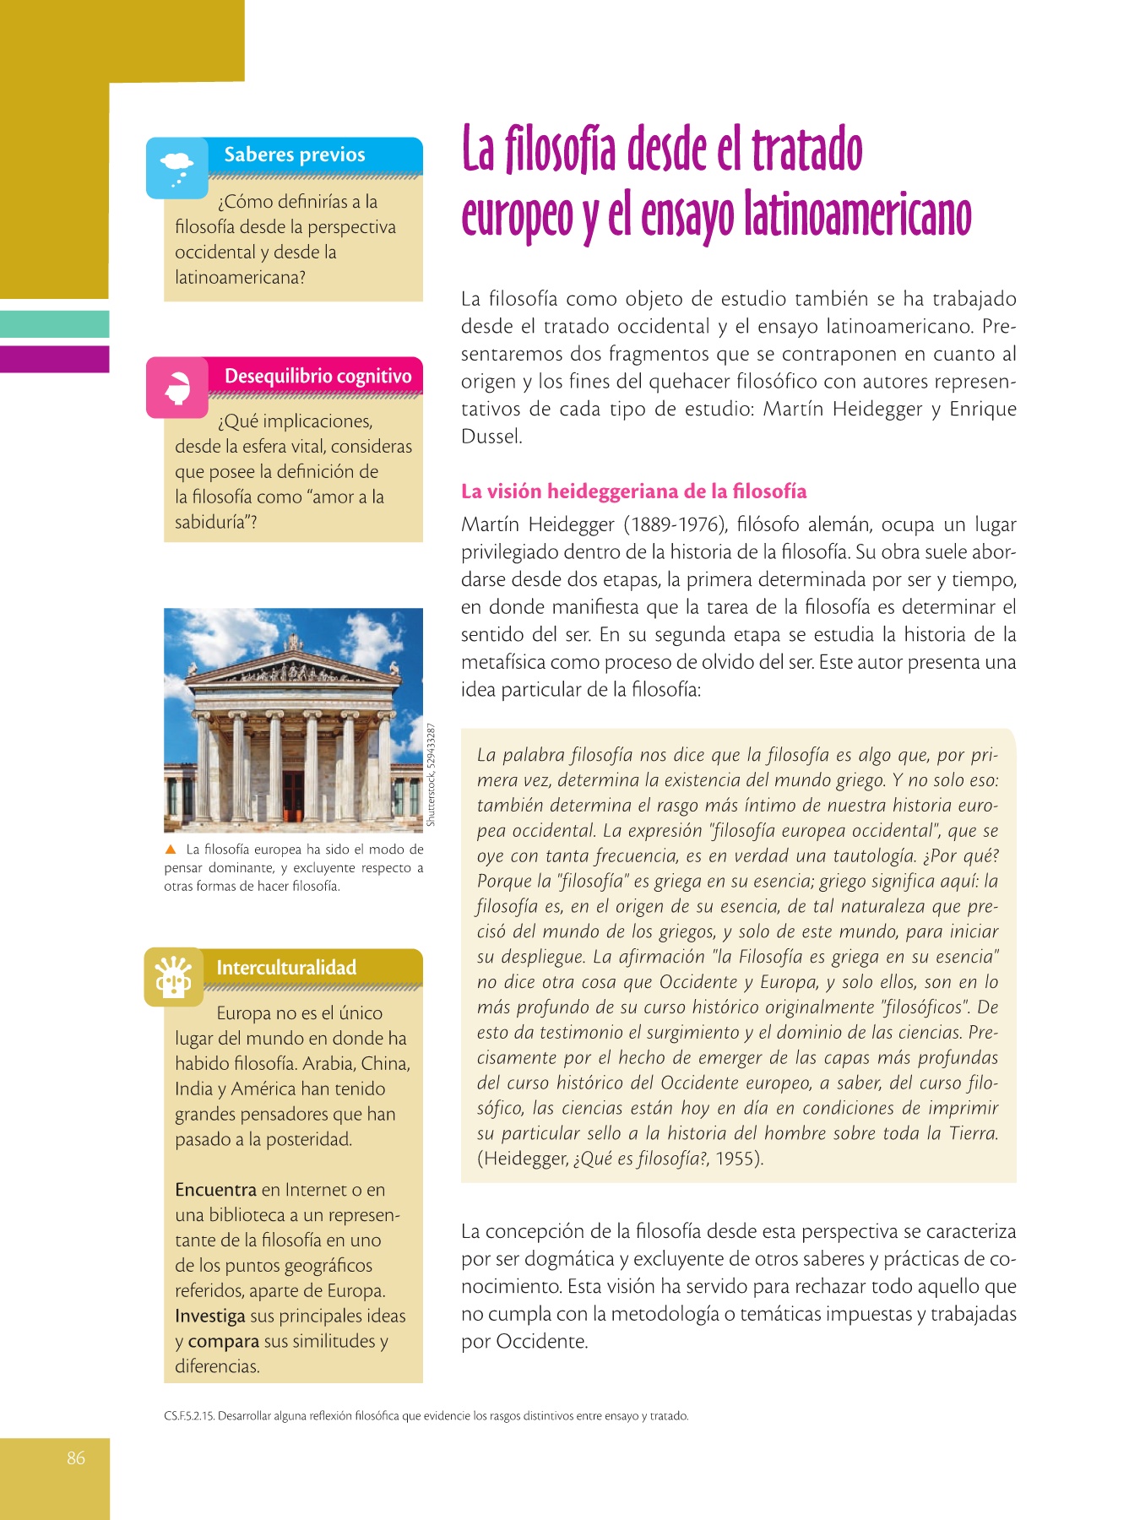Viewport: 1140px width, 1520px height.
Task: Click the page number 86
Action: click(76, 1458)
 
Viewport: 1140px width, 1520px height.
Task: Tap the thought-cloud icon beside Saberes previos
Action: click(176, 167)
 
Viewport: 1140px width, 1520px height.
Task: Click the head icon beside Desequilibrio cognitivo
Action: click(177, 388)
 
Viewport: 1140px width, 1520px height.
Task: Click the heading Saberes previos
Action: click(295, 155)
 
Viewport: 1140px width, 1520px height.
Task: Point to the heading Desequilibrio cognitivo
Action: click(318, 376)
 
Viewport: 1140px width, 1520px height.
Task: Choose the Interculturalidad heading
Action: click(286, 968)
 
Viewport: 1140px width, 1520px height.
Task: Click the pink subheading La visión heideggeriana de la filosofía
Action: click(633, 491)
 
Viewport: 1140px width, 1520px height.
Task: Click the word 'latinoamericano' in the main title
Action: click(857, 216)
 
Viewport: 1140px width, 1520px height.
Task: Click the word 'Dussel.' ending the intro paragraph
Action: click(491, 437)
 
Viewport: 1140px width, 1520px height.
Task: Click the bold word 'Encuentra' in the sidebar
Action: click(215, 1190)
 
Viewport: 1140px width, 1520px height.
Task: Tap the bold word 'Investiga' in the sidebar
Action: click(210, 1316)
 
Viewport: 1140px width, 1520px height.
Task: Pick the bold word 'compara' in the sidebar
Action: click(224, 1341)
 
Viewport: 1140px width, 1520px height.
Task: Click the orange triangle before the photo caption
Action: click(171, 850)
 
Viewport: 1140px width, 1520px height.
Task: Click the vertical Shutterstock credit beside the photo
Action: click(432, 774)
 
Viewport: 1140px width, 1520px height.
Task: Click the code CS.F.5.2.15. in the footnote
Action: click(189, 1416)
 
